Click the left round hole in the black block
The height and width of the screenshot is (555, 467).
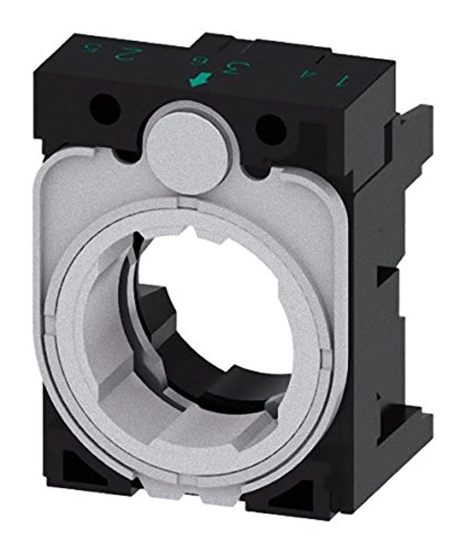click(x=106, y=108)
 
